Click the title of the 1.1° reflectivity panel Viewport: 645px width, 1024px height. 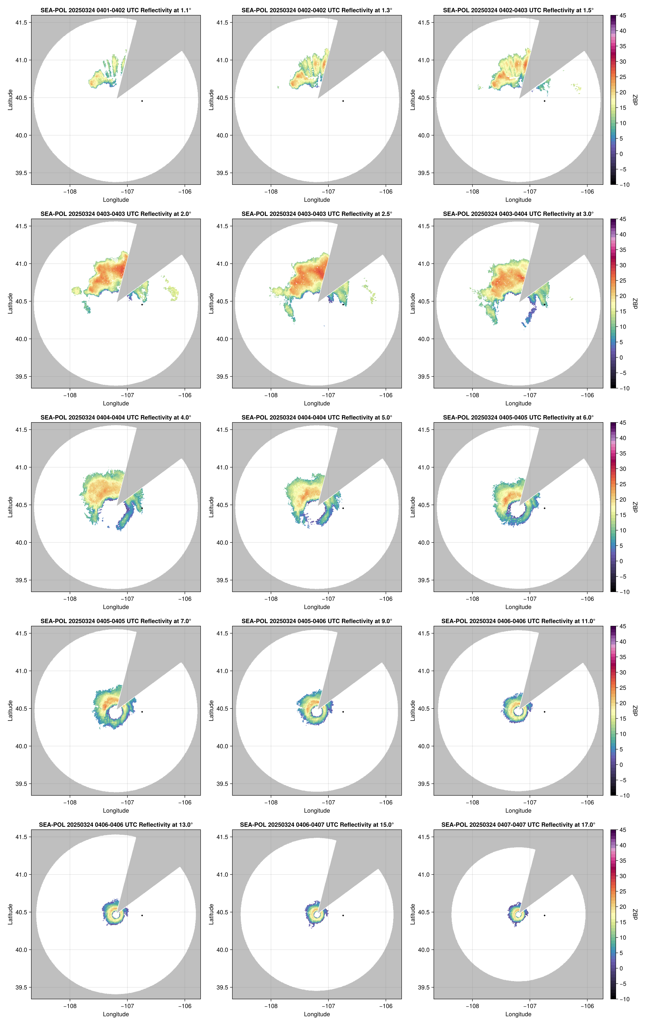[116, 10]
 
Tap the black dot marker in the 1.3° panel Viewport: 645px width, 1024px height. [343, 101]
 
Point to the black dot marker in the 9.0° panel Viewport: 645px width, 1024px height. [343, 712]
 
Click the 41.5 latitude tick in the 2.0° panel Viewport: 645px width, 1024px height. [21, 226]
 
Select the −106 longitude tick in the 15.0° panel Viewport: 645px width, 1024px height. [386, 1006]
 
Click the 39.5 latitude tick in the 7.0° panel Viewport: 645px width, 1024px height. [21, 784]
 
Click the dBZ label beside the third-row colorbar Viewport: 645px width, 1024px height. [635, 507]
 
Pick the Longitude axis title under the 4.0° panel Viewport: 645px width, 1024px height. [116, 607]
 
